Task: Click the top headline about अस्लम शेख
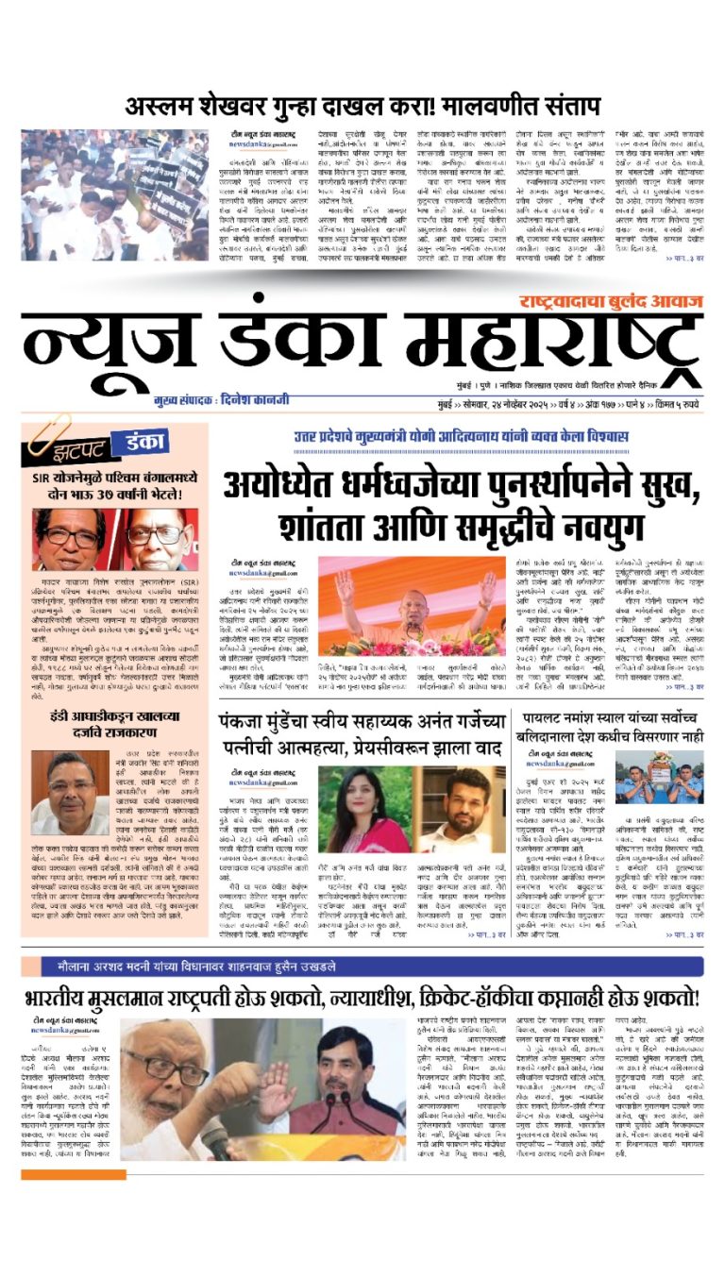(x=362, y=106)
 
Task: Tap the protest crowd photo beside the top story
(x=115, y=194)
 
